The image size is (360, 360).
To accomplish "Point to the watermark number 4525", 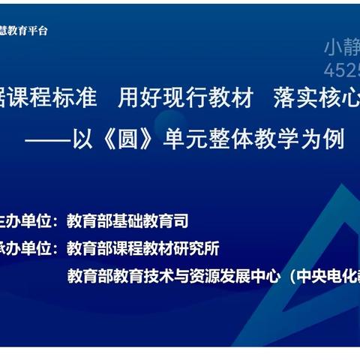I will pos(341,70).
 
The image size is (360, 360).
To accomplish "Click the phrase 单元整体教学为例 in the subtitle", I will pos(270,140).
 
